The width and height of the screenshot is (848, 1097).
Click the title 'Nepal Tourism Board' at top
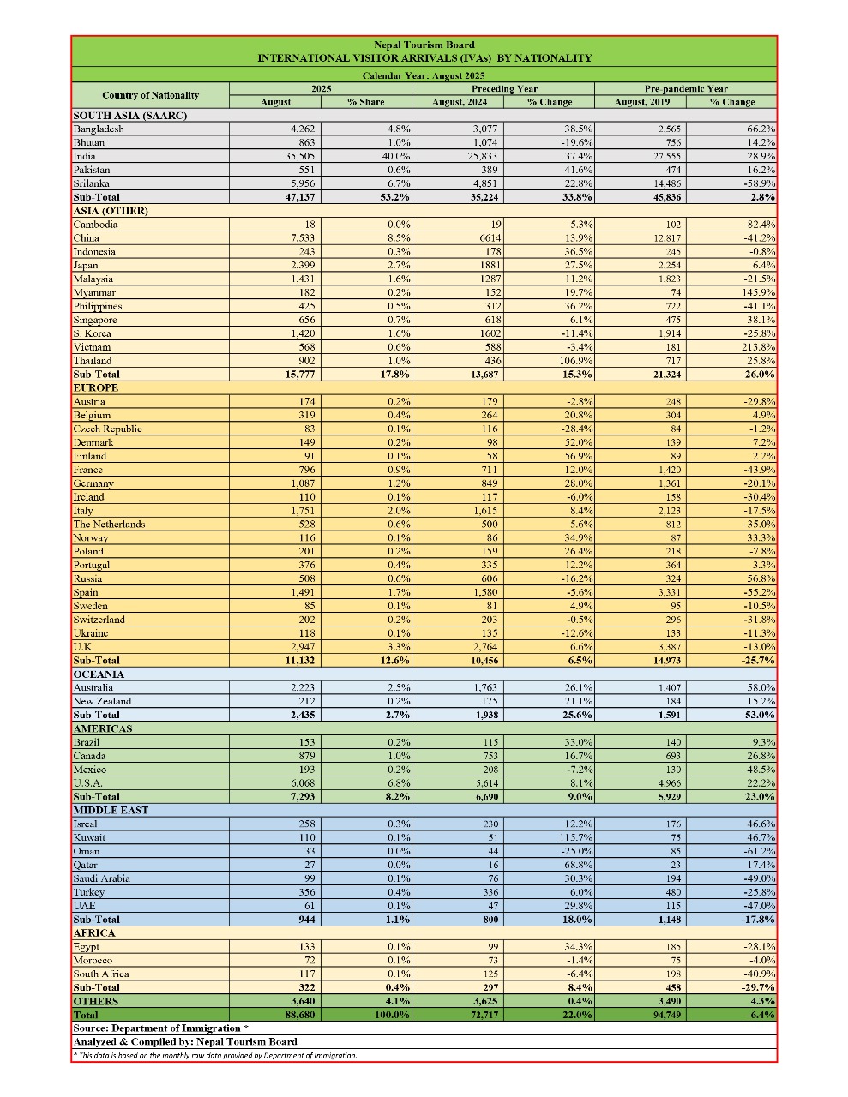pyautogui.click(x=424, y=45)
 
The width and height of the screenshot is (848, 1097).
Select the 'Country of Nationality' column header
pyautogui.click(x=150, y=95)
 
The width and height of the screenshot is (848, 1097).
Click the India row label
pyautogui.click(x=85, y=156)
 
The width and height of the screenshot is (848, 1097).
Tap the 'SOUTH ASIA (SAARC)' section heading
pyautogui.click(x=130, y=116)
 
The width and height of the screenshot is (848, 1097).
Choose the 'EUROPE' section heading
pyautogui.click(x=96, y=388)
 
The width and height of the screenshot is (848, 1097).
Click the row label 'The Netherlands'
pyautogui.click(x=109, y=525)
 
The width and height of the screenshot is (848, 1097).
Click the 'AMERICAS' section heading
pyautogui.click(x=103, y=728)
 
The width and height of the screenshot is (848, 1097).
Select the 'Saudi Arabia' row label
pyautogui.click(x=101, y=878)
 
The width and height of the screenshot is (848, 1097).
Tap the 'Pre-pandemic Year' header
pyautogui.click(x=686, y=88)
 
